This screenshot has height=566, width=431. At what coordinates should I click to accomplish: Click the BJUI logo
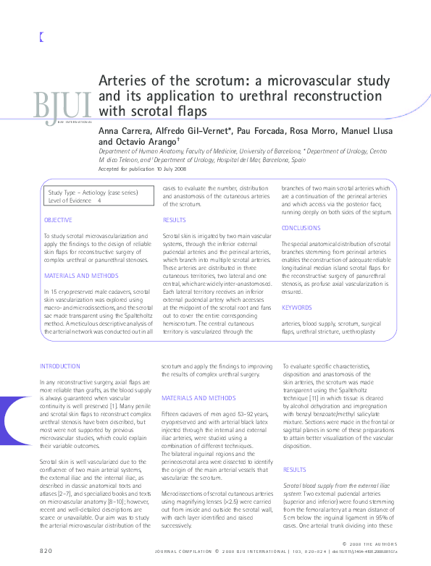(62, 106)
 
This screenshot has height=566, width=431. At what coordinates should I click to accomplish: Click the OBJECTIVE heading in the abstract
(58, 219)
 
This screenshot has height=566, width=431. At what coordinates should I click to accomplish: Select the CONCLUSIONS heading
(301, 227)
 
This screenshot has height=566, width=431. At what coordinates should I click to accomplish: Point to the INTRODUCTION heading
(60, 367)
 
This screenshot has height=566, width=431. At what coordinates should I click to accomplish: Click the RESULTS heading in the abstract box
(175, 219)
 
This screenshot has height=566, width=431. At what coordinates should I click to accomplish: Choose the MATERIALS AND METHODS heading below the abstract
(198, 398)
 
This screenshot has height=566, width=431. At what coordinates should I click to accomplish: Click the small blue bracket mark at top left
(41, 37)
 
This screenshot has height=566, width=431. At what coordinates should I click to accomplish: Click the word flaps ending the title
(191, 111)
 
